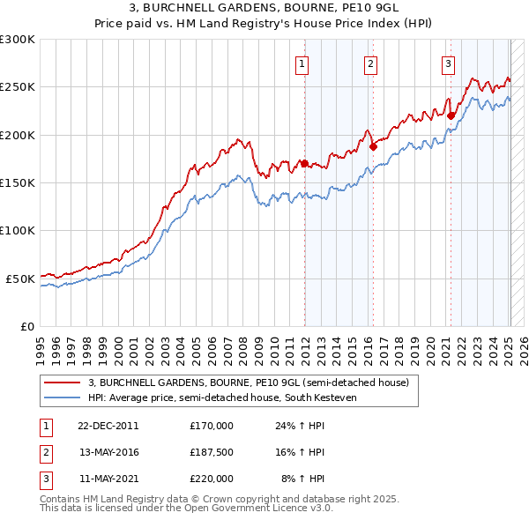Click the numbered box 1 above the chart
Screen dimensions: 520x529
pos(302,63)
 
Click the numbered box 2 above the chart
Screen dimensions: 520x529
pos(371,63)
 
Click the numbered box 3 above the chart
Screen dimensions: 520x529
pos(448,63)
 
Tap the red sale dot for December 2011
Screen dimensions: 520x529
pos(305,163)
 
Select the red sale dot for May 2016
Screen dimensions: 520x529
pos(373,146)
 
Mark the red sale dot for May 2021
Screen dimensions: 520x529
pos(451,115)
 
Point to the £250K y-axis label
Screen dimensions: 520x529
pos(17,87)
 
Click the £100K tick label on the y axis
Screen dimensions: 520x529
pos(17,230)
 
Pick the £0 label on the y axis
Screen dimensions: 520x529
pos(26,326)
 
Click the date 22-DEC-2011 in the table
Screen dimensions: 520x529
pos(108,425)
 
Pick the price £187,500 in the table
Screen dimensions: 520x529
pos(212,452)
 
